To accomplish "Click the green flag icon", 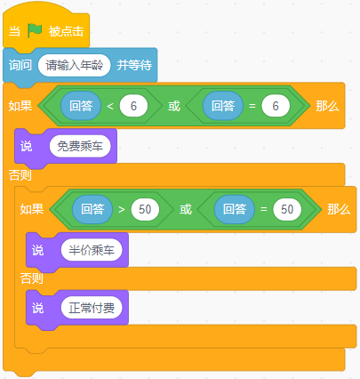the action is pos(35,30).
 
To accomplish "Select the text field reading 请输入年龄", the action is pos(75,65).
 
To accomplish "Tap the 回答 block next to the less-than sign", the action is pos(81,106).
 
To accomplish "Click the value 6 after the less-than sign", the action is pos(133,106).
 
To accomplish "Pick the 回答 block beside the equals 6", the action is pos(223,106).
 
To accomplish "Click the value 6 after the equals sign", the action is pos(276,106).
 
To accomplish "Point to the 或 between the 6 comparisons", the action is pos(174,106).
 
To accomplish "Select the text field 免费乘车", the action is pos(80,146).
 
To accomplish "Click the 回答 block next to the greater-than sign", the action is pos(92,209).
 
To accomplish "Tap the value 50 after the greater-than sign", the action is pos(145,209).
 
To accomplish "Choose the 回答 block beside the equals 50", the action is pos(235,209).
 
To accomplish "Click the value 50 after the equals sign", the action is pos(287,209).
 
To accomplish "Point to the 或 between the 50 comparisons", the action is pos(186,209).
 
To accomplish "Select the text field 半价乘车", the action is pos(92,250).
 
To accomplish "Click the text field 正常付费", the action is pos(92,308).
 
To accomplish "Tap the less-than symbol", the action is pos(110,106).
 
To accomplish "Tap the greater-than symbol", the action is pos(122,209).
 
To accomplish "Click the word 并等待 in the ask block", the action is pos(134,65).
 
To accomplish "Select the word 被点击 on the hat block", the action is pos(66,31).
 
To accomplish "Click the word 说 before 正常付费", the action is pos(37,308).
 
